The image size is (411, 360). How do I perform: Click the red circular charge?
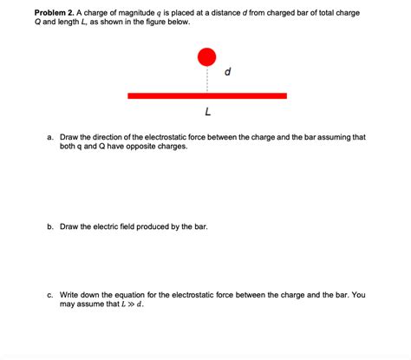coord(206,57)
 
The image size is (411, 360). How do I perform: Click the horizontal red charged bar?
coord(206,95)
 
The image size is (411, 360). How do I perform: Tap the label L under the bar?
coord(207,113)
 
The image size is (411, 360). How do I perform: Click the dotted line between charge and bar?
coord(206,80)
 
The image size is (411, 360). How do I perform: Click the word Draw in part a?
coord(69,137)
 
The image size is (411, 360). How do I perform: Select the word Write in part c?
coord(69,295)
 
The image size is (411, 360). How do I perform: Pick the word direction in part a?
coord(114,137)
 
